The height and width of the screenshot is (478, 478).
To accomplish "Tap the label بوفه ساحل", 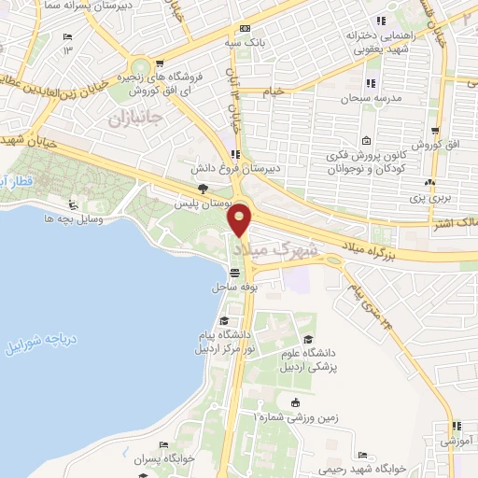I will [x=233, y=287].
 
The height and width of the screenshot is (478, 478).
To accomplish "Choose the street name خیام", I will [x=273, y=91].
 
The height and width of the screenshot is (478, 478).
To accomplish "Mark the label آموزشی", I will [x=454, y=438].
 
